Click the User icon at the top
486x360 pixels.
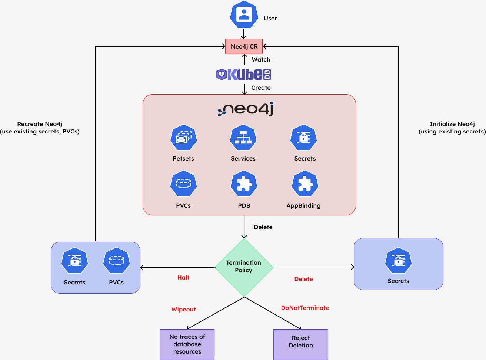click(244, 14)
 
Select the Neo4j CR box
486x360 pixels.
click(244, 46)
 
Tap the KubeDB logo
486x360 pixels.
click(243, 75)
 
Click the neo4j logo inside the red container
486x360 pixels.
click(246, 109)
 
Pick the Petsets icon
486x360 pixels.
click(183, 138)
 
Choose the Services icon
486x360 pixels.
click(243, 138)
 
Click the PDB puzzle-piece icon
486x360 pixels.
click(244, 184)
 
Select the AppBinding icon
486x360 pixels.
click(305, 184)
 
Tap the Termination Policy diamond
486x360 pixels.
click(244, 267)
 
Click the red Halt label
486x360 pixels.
click(183, 278)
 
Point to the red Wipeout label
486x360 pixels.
click(183, 309)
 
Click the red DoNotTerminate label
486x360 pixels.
click(305, 308)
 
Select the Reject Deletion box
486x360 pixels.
click(301, 344)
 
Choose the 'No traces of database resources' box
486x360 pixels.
click(187, 344)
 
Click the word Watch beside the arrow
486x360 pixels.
click(261, 59)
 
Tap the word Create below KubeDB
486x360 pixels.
click(261, 88)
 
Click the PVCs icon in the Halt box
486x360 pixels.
click(116, 260)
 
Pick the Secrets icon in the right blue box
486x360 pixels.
click(398, 260)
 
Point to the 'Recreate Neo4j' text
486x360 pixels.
click(40, 124)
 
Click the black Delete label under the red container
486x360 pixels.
click(263, 227)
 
